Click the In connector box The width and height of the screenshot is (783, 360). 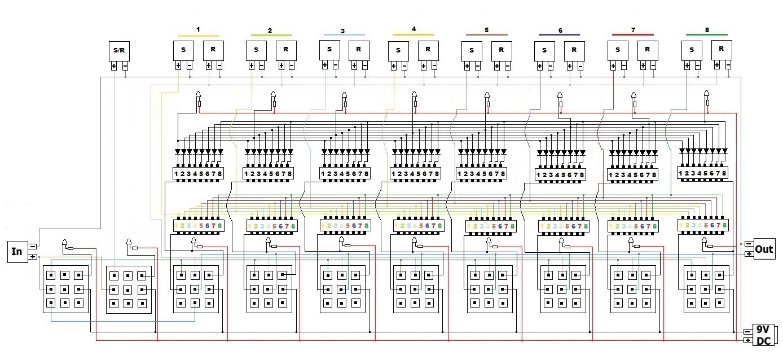(x=17, y=251)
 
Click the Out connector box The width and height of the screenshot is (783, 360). (x=764, y=249)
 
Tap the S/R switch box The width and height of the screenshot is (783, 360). (x=119, y=50)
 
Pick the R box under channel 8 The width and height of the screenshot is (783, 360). (x=721, y=49)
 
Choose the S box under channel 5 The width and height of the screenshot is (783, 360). (x=472, y=50)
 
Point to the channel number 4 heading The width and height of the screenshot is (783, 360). (x=414, y=28)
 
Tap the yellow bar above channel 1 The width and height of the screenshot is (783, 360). (x=198, y=35)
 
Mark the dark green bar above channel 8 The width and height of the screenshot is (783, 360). (x=706, y=34)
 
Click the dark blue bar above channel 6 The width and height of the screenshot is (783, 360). (x=559, y=34)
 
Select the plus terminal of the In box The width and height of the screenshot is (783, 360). (x=33, y=257)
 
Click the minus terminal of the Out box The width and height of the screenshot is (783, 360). (x=748, y=244)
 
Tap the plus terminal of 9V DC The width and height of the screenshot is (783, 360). (x=747, y=340)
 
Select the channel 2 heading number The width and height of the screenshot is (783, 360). (x=270, y=30)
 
